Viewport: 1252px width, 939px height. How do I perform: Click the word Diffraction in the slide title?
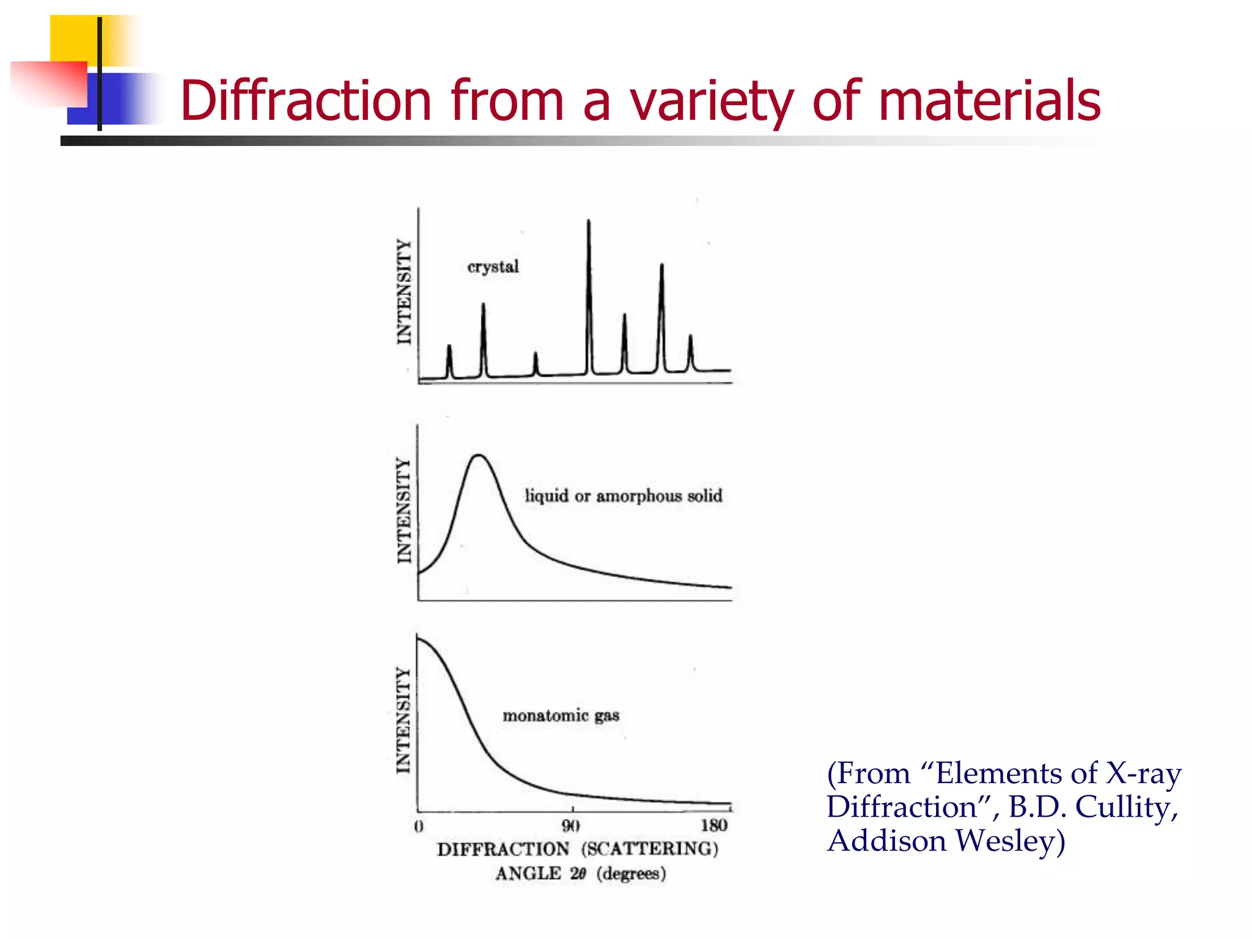(x=306, y=100)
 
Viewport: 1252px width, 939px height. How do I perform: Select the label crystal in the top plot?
(x=493, y=267)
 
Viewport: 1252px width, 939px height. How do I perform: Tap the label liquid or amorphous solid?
(x=624, y=496)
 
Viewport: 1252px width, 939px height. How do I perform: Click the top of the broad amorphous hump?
(x=479, y=455)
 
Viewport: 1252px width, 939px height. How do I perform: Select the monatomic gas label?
(x=561, y=716)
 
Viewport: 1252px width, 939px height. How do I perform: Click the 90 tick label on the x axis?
(x=571, y=827)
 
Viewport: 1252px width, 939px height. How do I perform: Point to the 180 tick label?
(x=713, y=826)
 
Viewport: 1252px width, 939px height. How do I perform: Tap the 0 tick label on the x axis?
(x=419, y=827)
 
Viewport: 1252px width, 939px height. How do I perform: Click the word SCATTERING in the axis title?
(x=650, y=849)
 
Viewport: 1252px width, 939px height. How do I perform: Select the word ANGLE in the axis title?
(x=528, y=874)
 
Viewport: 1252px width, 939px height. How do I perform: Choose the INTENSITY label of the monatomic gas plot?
(x=403, y=720)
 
